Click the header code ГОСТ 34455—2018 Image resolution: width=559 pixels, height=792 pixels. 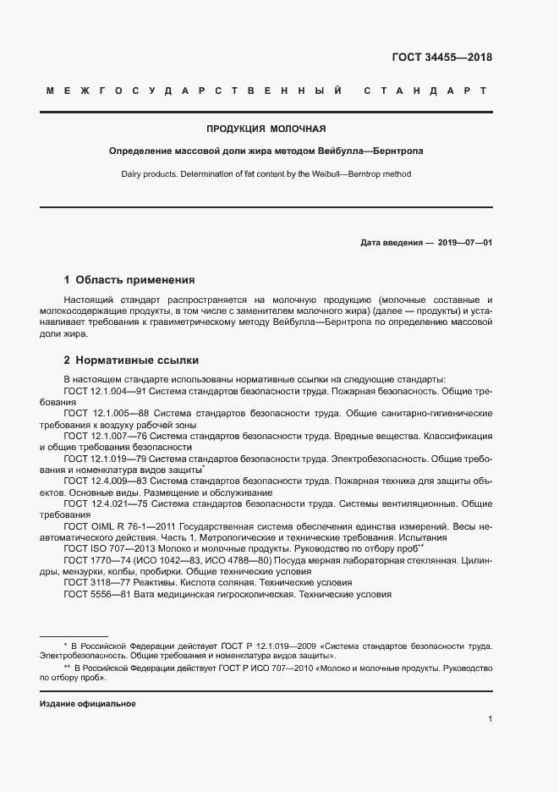(x=441, y=58)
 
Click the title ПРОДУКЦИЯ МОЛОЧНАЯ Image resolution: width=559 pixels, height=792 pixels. (x=266, y=129)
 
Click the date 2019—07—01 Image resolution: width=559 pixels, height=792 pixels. (x=465, y=242)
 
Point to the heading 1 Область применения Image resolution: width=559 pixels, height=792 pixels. (x=129, y=279)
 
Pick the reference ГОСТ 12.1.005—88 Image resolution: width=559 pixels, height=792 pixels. (x=107, y=413)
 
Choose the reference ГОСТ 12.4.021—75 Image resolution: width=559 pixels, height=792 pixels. (x=107, y=503)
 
